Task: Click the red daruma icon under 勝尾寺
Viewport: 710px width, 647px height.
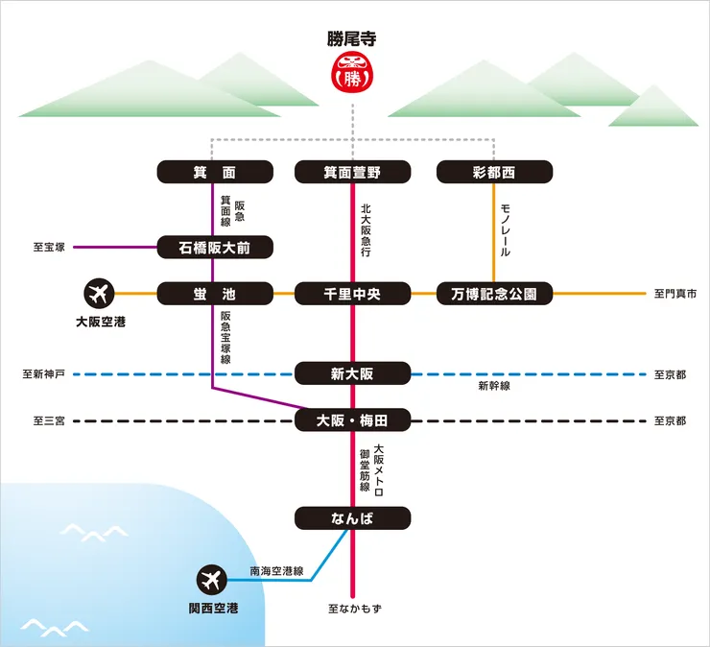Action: click(x=352, y=74)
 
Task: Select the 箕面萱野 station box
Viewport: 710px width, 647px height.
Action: click(x=352, y=173)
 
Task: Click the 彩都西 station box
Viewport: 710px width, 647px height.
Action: click(x=494, y=173)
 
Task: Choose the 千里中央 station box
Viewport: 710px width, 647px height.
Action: click(x=352, y=293)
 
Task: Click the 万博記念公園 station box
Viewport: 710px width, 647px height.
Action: click(x=494, y=293)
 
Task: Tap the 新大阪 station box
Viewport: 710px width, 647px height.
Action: click(x=352, y=373)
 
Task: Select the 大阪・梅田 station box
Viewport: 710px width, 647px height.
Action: click(x=352, y=419)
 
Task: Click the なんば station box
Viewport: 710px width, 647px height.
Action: click(x=352, y=518)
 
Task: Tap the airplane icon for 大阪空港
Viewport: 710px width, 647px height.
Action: click(x=100, y=292)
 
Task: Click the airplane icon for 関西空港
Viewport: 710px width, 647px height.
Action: click(x=212, y=580)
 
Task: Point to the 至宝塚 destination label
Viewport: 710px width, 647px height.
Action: click(x=49, y=248)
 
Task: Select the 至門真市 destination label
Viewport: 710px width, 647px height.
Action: click(x=675, y=293)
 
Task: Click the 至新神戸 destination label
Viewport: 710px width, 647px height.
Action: click(x=43, y=373)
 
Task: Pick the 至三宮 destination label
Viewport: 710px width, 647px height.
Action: click(x=49, y=420)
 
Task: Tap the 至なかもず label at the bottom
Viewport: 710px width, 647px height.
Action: click(x=354, y=609)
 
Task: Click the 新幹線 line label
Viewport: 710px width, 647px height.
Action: click(x=494, y=386)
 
